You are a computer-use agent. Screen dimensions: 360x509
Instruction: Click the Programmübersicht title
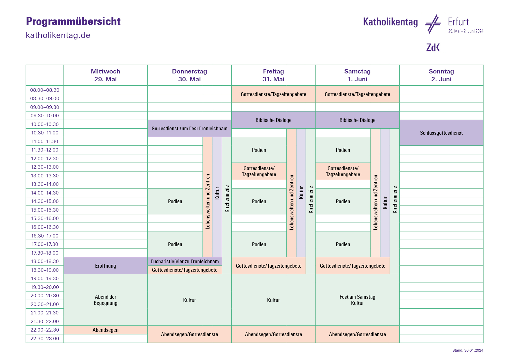pos(73,21)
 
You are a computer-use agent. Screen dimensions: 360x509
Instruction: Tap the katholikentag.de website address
pos(58,35)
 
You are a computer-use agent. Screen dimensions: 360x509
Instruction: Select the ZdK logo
pos(433,47)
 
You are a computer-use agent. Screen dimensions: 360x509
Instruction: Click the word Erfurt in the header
pos(458,22)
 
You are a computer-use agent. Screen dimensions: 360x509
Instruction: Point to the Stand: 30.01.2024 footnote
pos(468,350)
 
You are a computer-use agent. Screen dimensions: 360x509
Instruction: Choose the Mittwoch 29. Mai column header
pos(105,75)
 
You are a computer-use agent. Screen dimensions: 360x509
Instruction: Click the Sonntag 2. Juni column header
pos(441,75)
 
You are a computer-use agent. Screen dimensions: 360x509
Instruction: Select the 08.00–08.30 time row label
pos(45,90)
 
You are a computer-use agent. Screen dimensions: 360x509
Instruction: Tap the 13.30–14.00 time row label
pos(45,184)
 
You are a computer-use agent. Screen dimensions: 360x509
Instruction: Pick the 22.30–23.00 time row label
pos(45,339)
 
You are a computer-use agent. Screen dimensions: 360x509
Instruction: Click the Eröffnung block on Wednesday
pos(105,266)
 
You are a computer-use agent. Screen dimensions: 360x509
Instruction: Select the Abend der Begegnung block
pos(105,300)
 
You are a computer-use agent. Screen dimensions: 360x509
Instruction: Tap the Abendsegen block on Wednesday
pos(105,330)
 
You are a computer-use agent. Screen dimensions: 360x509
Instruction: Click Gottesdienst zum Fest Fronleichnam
pos(189,129)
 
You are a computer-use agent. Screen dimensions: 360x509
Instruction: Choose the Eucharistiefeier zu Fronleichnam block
pos(185,262)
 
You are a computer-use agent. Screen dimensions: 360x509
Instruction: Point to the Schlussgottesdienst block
pos(441,133)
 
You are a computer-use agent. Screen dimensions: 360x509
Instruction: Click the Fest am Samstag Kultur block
pos(357,300)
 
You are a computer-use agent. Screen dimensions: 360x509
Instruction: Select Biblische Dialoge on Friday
pos(273,120)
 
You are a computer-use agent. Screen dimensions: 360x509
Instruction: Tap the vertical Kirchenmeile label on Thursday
pos(227,199)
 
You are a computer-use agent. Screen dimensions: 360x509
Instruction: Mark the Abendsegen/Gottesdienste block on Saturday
pos(357,334)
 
